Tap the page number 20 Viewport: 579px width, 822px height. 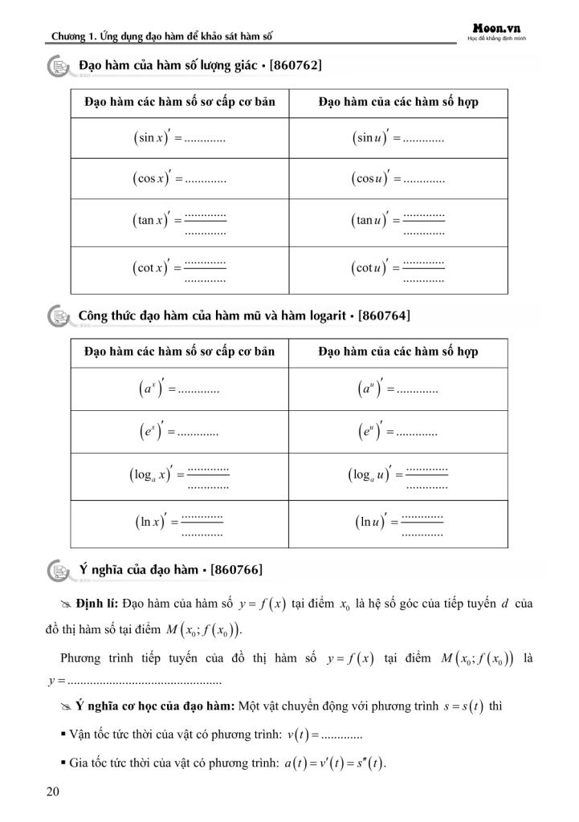click(53, 793)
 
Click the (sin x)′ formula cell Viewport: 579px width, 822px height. click(179, 138)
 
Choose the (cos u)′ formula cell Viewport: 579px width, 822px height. click(398, 178)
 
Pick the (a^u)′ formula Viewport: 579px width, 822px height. click(398, 390)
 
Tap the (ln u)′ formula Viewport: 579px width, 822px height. click(398, 523)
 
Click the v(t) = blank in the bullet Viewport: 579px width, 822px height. click(330, 735)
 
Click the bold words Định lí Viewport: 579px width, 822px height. click(97, 602)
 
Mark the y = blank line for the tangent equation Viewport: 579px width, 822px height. click(133, 682)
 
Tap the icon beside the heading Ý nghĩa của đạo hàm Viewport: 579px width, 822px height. click(59, 570)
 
